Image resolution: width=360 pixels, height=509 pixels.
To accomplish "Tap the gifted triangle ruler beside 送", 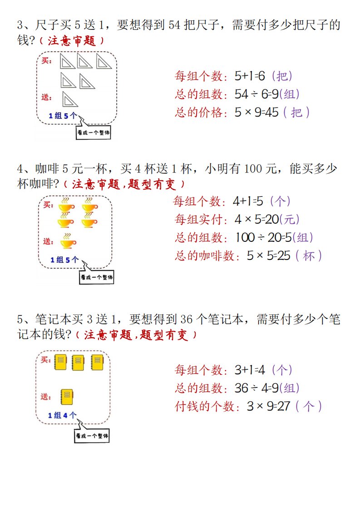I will point(69,99).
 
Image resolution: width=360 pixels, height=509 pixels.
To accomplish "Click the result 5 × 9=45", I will point(256,112).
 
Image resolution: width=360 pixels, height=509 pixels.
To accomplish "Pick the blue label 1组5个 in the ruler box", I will point(63,116).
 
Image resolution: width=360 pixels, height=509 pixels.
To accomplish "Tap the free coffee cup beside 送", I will point(68,242).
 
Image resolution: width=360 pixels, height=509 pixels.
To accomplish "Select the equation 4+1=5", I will point(248,201).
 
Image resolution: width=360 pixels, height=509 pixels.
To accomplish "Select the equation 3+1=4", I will point(249,370).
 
